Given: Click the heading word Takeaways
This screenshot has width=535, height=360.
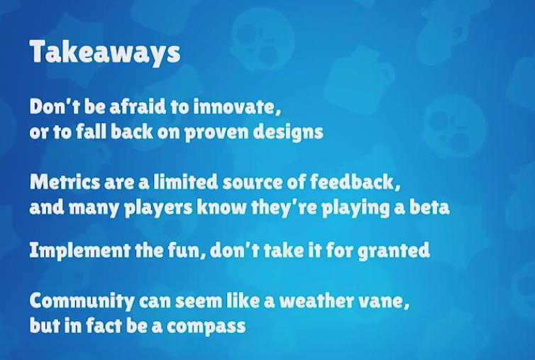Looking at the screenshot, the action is pyautogui.click(x=105, y=53).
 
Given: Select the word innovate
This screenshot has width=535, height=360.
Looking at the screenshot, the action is pyautogui.click(x=237, y=107).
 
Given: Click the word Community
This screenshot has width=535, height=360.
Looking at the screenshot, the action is pyautogui.click(x=82, y=301).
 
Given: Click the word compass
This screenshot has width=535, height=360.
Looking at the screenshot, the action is pyautogui.click(x=206, y=326).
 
